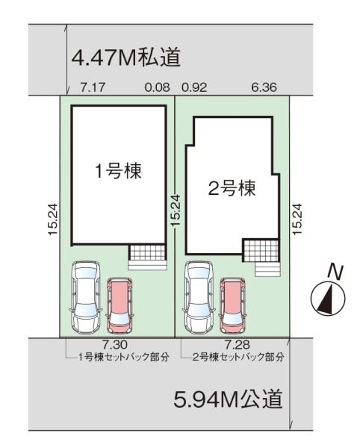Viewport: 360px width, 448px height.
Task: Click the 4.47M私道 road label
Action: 126,57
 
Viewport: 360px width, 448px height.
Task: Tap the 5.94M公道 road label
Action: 228,399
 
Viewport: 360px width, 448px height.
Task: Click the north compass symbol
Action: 326,298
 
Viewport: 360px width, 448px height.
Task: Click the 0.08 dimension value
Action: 157,87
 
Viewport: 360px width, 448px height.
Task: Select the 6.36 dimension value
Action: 264,87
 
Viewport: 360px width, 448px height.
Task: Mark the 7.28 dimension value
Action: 235,345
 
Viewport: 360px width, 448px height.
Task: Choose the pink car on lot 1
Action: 119,305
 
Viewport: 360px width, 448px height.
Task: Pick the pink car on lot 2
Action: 233,305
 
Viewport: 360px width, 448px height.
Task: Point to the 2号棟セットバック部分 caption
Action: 237,358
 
